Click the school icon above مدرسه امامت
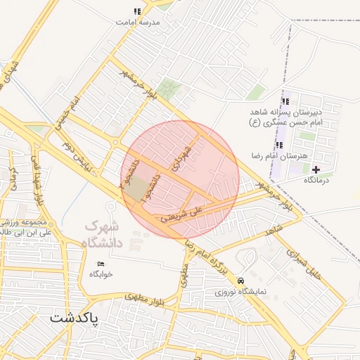click(x=137, y=11)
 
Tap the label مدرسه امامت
click(x=139, y=22)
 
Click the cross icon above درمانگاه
click(x=316, y=169)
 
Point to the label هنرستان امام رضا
click(x=281, y=155)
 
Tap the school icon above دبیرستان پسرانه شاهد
click(x=285, y=102)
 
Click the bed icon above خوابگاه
click(x=101, y=264)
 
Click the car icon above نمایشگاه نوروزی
click(x=241, y=280)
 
